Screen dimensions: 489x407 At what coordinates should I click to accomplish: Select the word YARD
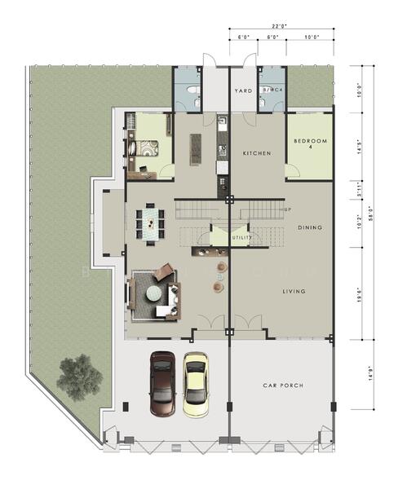pyautogui.click(x=243, y=91)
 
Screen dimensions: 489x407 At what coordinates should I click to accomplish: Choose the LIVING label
pyautogui.click(x=294, y=290)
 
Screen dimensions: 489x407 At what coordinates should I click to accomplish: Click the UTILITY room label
pyautogui.click(x=241, y=238)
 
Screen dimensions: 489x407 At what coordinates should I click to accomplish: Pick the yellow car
pyautogui.click(x=195, y=383)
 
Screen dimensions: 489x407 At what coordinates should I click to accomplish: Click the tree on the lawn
pyautogui.click(x=80, y=375)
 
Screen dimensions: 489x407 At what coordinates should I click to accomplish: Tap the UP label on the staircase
pyautogui.click(x=287, y=210)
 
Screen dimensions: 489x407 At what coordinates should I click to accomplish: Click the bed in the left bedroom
pyautogui.click(x=148, y=150)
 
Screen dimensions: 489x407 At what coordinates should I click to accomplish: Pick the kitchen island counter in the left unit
pyautogui.click(x=195, y=148)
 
